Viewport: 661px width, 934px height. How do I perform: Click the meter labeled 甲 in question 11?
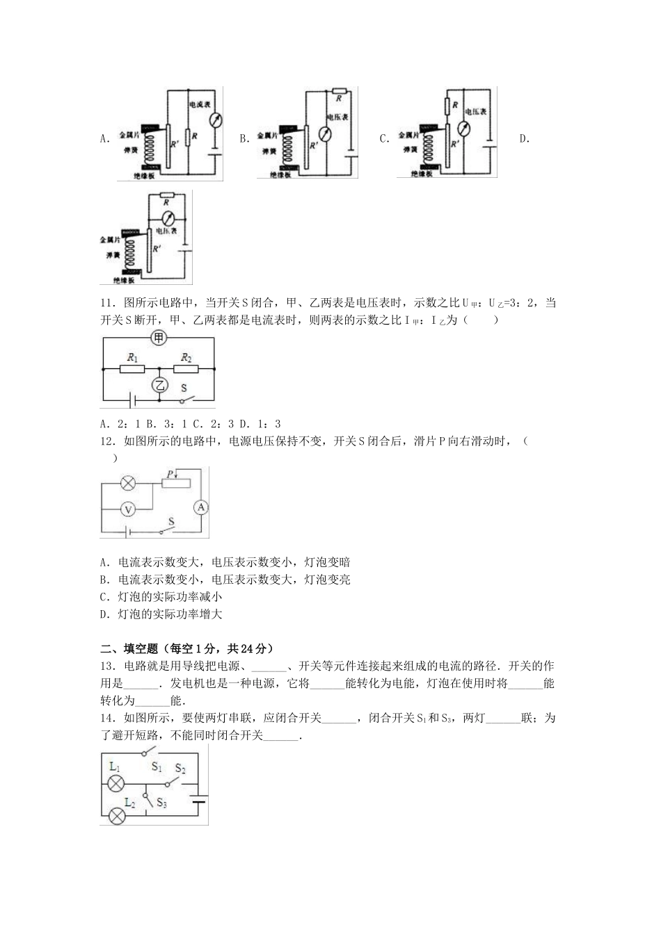pos(160,338)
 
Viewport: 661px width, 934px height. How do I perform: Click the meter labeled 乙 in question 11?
pos(160,386)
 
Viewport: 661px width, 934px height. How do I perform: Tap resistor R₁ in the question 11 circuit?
pos(132,368)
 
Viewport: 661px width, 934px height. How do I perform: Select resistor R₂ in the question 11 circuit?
pos(186,368)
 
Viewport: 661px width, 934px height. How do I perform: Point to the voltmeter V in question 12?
pos(127,509)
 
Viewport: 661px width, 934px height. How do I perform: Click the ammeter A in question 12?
pos(200,508)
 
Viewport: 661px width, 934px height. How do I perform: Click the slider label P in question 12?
pos(168,474)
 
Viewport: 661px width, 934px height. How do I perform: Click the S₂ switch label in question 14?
pos(180,769)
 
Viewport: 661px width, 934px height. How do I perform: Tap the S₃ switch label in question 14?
pos(161,803)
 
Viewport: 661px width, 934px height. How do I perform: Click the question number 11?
pos(106,303)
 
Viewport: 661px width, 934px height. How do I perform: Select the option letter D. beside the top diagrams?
pos(525,138)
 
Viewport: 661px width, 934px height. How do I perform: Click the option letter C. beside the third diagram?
pos(384,138)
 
